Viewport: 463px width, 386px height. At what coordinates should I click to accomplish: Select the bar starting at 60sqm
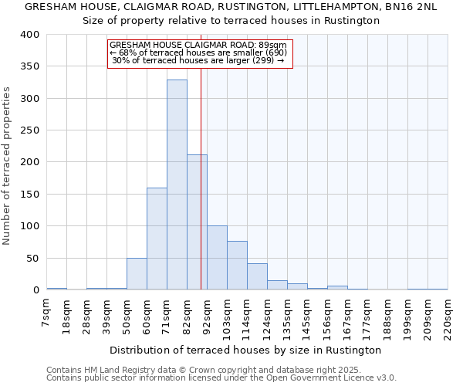tap(157, 239)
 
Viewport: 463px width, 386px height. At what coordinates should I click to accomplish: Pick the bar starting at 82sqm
tap(197, 222)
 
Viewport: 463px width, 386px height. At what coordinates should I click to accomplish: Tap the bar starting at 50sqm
tap(137, 274)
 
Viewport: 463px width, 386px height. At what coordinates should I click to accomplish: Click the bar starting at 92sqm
tap(217, 258)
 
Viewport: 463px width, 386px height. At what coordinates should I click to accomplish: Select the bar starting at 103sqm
tap(237, 266)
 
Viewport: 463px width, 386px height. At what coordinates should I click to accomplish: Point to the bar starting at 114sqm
tap(257, 276)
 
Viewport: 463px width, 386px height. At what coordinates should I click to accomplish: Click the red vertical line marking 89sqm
tap(201, 178)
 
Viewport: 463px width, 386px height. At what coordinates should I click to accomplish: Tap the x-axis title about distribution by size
tap(245, 350)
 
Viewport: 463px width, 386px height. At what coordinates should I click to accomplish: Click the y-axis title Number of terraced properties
tap(7, 165)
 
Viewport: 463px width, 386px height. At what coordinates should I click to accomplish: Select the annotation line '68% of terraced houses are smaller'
tap(200, 52)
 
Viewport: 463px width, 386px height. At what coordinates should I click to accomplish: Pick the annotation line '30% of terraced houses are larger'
tap(200, 60)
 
